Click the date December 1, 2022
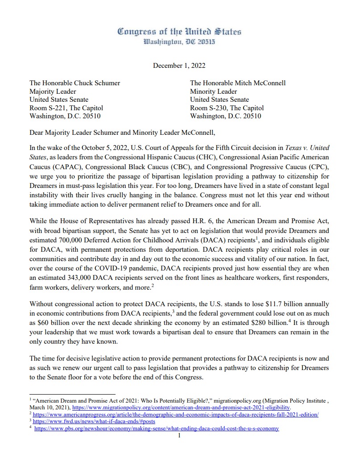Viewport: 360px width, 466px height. coord(179,66)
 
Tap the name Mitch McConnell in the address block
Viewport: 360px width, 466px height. coord(260,83)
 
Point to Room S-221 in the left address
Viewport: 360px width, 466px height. coord(49,108)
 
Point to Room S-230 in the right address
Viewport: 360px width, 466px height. coord(210,108)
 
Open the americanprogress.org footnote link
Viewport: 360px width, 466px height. coord(175,415)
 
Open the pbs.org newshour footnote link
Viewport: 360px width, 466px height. coord(157,429)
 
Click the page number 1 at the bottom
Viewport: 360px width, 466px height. coord(179,435)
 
